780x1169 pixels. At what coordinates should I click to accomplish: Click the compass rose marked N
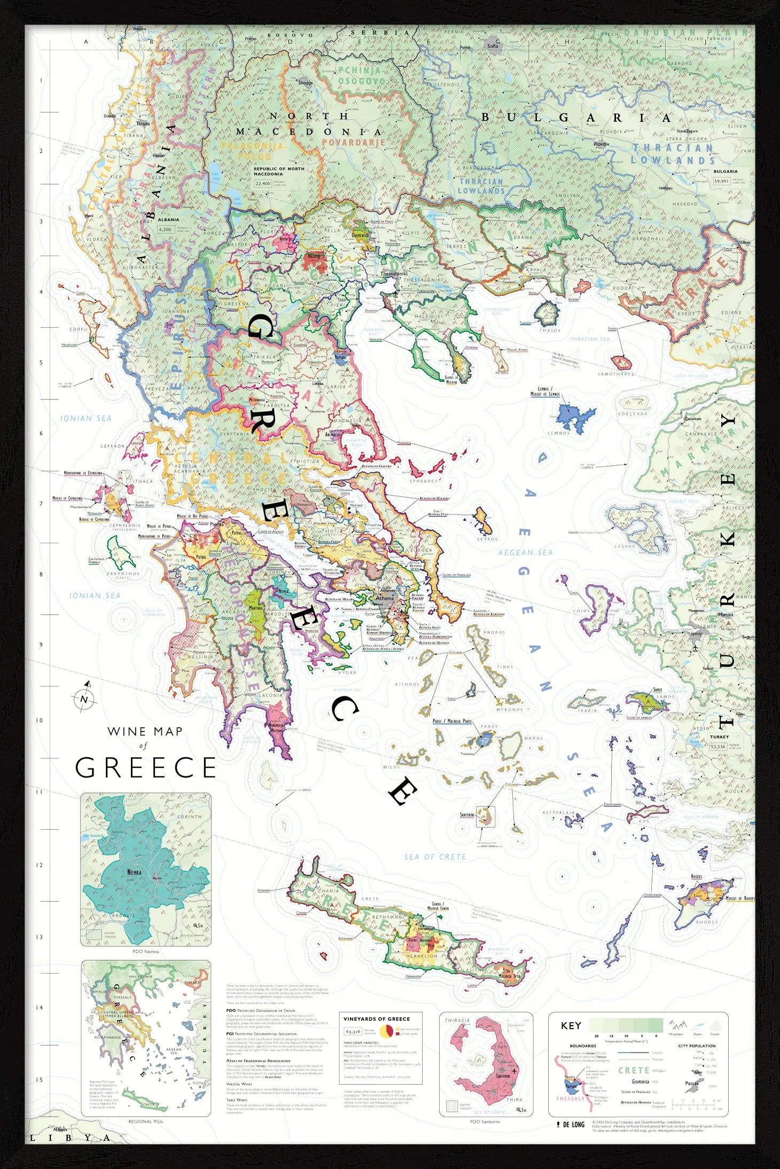pos(84,699)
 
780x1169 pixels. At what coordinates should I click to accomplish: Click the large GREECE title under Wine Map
pos(145,768)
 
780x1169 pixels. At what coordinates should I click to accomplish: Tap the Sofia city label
pos(493,46)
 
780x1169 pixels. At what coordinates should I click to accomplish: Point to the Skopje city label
pos(305,83)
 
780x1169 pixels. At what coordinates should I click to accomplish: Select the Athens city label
pos(384,598)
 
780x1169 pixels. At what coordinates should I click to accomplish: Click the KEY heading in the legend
pos(571,1025)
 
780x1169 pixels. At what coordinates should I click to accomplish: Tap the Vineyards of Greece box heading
pos(377,1019)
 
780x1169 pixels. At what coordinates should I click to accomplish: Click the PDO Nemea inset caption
pos(145,952)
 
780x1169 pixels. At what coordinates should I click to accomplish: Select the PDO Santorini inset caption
pos(485,1121)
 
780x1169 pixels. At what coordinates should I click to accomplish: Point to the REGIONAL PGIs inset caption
pos(145,1121)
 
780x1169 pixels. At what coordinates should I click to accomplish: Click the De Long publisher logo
pos(571,1124)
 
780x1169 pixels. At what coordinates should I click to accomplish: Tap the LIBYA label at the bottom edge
pos(69,1138)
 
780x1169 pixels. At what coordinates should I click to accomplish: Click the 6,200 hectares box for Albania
pos(165,229)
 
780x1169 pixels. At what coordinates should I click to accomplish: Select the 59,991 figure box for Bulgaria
pos(721,181)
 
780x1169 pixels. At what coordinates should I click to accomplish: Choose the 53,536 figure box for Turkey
pos(717,747)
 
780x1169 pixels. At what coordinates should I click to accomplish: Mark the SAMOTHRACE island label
pos(615,374)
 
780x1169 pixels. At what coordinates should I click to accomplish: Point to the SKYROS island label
pos(487,539)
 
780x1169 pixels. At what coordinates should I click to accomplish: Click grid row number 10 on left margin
pos(39,720)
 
